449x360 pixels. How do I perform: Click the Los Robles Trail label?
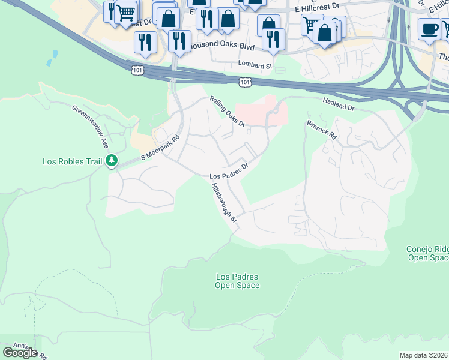(72, 161)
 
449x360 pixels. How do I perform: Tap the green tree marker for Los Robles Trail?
(111, 160)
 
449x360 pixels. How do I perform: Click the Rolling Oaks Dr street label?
(227, 112)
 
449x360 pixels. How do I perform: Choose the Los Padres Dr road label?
(228, 172)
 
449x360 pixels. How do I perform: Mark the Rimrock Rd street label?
(322, 130)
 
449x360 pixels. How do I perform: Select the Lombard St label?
(255, 65)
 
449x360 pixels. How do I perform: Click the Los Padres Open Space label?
(237, 281)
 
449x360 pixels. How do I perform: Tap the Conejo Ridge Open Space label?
(427, 253)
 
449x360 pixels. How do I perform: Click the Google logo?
(20, 352)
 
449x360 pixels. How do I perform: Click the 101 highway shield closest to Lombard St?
(245, 81)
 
